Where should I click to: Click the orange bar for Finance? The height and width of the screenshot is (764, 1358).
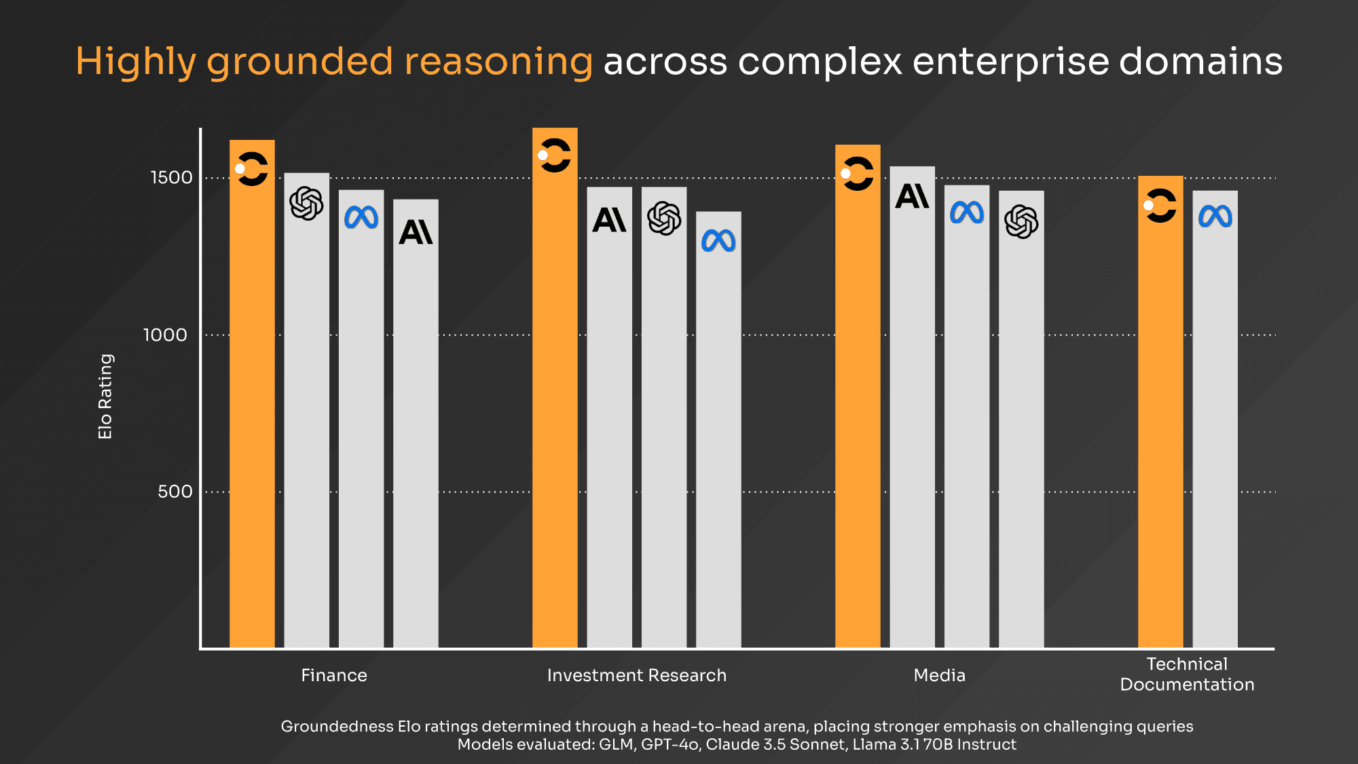coord(252,394)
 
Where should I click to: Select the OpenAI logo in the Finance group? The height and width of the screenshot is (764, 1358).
coord(306,203)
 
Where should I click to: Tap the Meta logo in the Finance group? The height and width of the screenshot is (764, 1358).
coord(361,217)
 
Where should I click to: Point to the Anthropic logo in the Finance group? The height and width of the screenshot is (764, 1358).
coord(416,232)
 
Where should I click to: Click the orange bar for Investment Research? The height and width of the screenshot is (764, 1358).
coord(555,388)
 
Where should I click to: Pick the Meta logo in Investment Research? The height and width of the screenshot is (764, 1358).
coord(718,240)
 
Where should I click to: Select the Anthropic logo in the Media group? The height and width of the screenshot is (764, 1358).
coord(912,196)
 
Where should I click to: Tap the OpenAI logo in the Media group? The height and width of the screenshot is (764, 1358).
coord(1021,221)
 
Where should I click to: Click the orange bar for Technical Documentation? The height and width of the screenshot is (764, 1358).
coord(1160,412)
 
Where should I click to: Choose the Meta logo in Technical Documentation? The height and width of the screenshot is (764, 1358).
coord(1215,217)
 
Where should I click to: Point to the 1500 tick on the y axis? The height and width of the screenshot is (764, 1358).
coord(171,178)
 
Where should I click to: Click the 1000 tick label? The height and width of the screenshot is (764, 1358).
coord(165,335)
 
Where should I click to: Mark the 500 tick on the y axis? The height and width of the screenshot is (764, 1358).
coord(175,492)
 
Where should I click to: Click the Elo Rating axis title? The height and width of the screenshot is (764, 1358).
coord(105,397)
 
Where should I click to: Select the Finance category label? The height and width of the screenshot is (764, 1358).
coord(334,675)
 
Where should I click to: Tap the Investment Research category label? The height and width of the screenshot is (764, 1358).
coord(637,675)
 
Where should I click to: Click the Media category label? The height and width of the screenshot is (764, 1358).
coord(940,675)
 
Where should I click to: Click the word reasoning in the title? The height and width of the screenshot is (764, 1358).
coord(499,62)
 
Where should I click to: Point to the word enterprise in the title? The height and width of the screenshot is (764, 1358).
coord(1010,62)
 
